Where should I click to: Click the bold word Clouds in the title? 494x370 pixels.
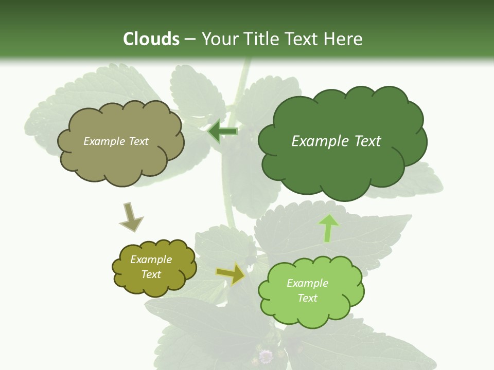(x=151, y=39)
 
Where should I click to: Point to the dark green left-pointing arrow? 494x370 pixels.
(x=223, y=132)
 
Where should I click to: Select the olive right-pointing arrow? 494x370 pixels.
(x=231, y=273)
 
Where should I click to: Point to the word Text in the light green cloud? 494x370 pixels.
(x=307, y=298)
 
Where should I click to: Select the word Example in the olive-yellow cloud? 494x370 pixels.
(x=151, y=260)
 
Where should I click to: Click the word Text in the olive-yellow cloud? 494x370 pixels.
(x=151, y=274)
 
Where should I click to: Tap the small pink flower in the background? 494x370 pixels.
(x=266, y=356)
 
